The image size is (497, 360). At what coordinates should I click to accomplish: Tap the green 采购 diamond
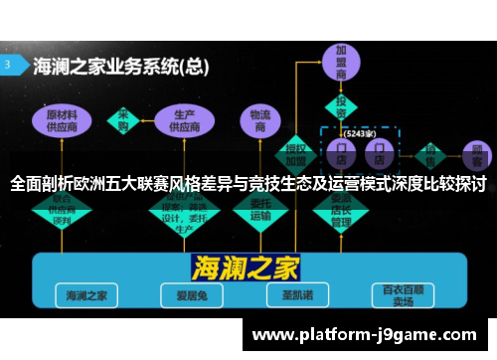click(125, 118)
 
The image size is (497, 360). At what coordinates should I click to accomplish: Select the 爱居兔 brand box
click(186, 295)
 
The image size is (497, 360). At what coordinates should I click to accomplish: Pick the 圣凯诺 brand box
click(291, 295)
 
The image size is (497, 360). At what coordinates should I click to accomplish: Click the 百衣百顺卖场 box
click(402, 295)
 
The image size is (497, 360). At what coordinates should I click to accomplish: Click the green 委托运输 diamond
click(260, 210)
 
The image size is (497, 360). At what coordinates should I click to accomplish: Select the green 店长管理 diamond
click(341, 208)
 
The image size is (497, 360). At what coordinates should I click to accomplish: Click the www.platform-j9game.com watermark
click(367, 336)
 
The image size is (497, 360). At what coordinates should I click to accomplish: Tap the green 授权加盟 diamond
click(295, 150)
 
